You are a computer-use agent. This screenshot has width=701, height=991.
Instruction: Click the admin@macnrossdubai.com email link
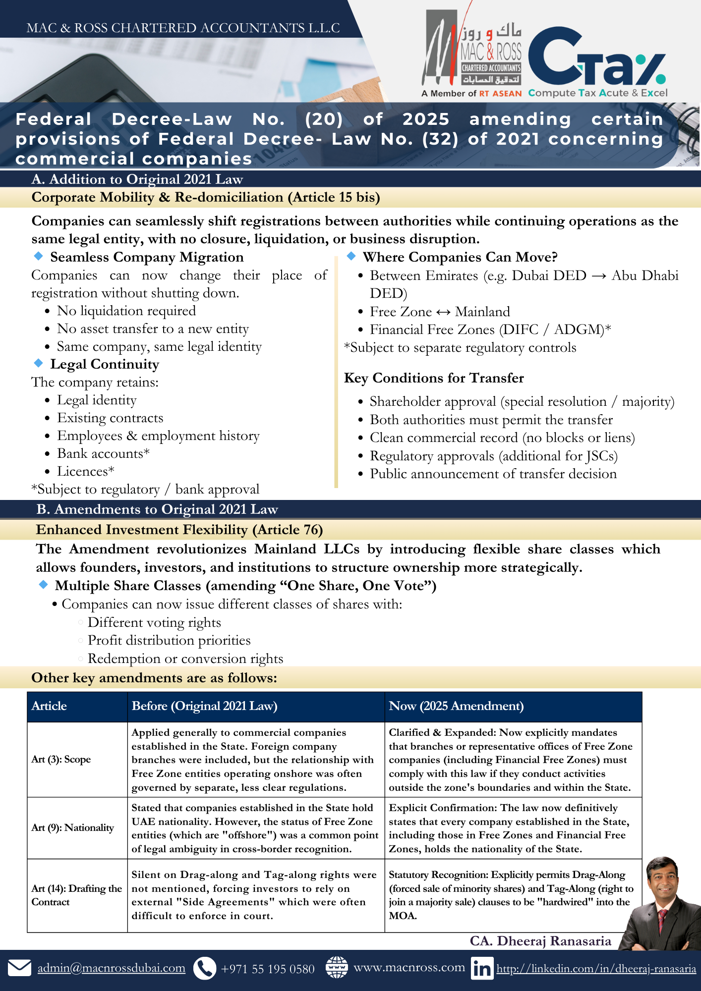(111, 968)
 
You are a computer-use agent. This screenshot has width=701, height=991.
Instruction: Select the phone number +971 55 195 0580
(267, 969)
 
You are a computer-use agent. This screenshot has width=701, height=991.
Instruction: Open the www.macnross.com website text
(409, 967)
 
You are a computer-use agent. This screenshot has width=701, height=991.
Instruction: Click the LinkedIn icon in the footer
(482, 968)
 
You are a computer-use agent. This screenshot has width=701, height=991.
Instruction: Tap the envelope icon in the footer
(20, 968)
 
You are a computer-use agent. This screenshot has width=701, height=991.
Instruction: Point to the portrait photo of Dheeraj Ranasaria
(661, 902)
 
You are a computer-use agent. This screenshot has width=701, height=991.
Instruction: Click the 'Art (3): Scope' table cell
(61, 759)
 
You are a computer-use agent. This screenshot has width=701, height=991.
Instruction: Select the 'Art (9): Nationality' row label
(72, 827)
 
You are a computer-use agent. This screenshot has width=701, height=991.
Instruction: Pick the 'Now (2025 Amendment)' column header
(456, 706)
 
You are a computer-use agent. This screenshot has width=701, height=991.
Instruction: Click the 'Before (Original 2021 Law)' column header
(204, 706)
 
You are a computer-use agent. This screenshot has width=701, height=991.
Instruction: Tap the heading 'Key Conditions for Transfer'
(434, 378)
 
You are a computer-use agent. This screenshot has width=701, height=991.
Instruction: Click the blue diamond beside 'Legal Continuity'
(38, 363)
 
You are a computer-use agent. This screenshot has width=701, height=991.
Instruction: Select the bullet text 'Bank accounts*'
(103, 453)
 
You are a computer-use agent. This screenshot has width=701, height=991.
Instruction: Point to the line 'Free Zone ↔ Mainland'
(439, 312)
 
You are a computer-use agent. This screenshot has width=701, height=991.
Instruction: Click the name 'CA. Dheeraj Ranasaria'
(540, 941)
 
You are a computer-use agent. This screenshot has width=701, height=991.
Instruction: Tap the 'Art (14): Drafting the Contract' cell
(76, 895)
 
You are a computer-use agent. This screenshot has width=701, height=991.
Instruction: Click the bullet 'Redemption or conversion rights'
(185, 659)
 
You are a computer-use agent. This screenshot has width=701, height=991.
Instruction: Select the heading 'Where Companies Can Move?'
(460, 257)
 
